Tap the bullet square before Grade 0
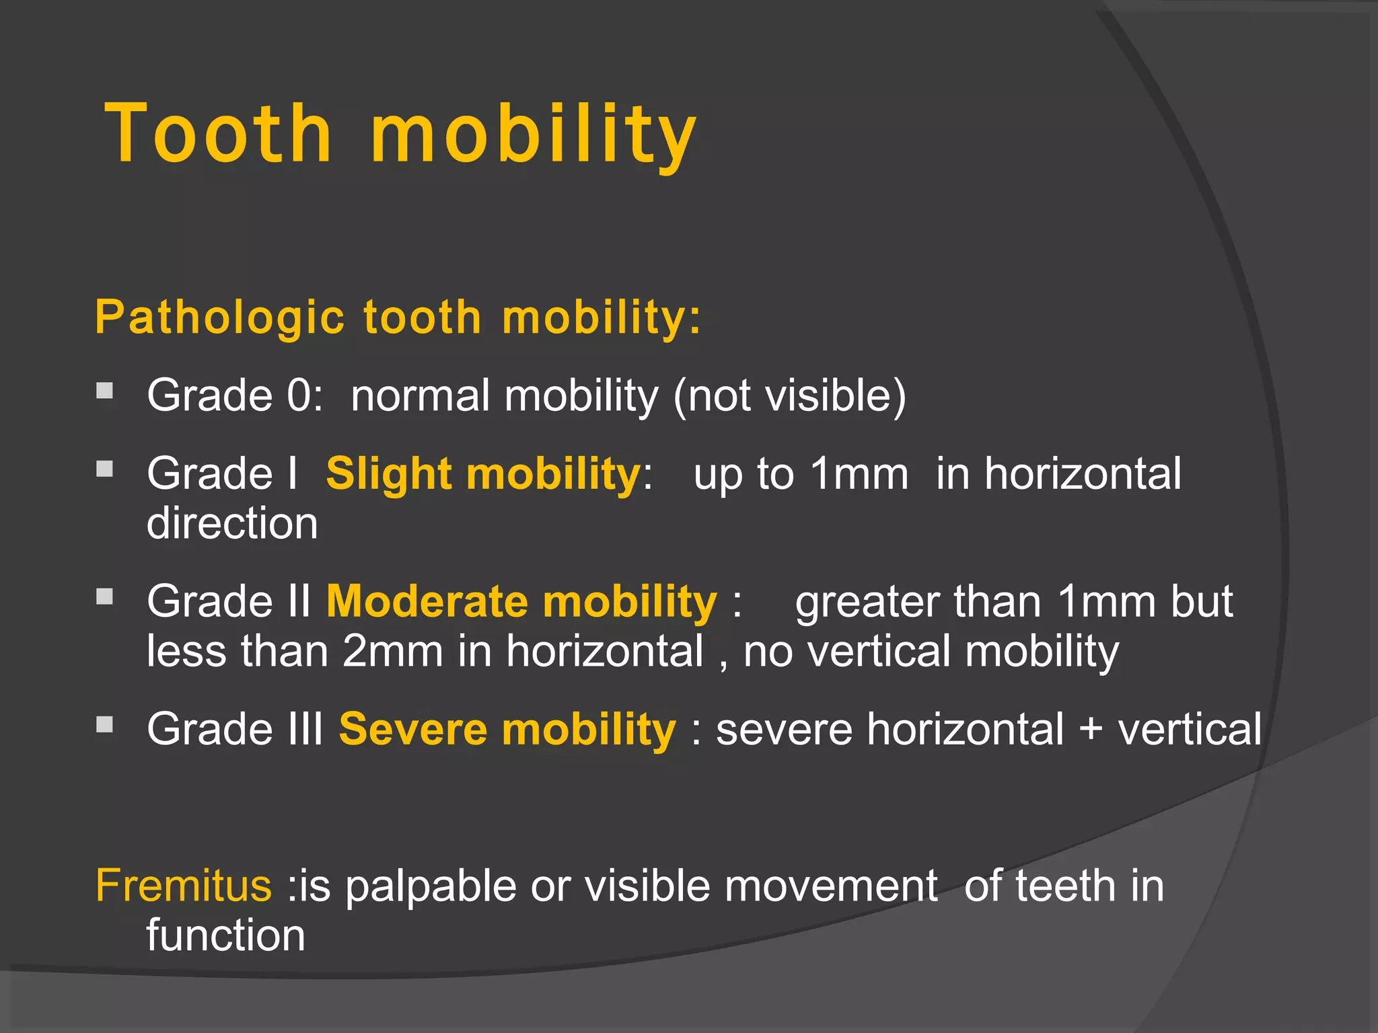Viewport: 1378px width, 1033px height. point(104,391)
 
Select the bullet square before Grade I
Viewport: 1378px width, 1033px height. point(104,469)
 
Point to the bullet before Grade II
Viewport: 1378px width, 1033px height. point(104,597)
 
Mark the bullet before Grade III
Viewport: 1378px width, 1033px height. point(104,724)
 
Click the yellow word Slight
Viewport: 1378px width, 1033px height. point(388,474)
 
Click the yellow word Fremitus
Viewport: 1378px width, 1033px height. point(184,886)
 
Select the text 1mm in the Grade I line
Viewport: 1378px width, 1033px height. point(859,474)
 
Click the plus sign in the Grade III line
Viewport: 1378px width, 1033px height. point(1091,730)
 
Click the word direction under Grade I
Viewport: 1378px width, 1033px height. point(232,523)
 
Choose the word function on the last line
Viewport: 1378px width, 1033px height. point(225,935)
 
